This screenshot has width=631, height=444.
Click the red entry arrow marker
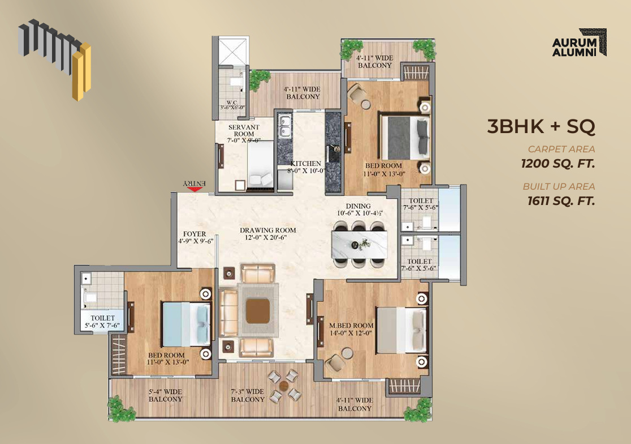pyautogui.click(x=195, y=189)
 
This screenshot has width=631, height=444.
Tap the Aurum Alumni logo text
pyautogui.click(x=574, y=47)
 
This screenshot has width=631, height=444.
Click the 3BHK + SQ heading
pyautogui.click(x=541, y=126)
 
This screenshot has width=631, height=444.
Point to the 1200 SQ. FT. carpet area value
pyautogui.click(x=557, y=164)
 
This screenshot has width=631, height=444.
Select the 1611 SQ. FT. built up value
pyautogui.click(x=561, y=200)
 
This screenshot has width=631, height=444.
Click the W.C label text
pyautogui.click(x=232, y=103)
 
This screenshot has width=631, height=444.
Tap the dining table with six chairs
pyautogui.click(x=360, y=244)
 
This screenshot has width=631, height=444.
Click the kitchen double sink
pyautogui.click(x=284, y=126)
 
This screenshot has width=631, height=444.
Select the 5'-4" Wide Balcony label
pyautogui.click(x=166, y=395)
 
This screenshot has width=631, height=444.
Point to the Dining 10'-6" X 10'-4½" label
pyautogui.click(x=360, y=210)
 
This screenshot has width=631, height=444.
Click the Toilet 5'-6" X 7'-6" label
pyautogui.click(x=102, y=322)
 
